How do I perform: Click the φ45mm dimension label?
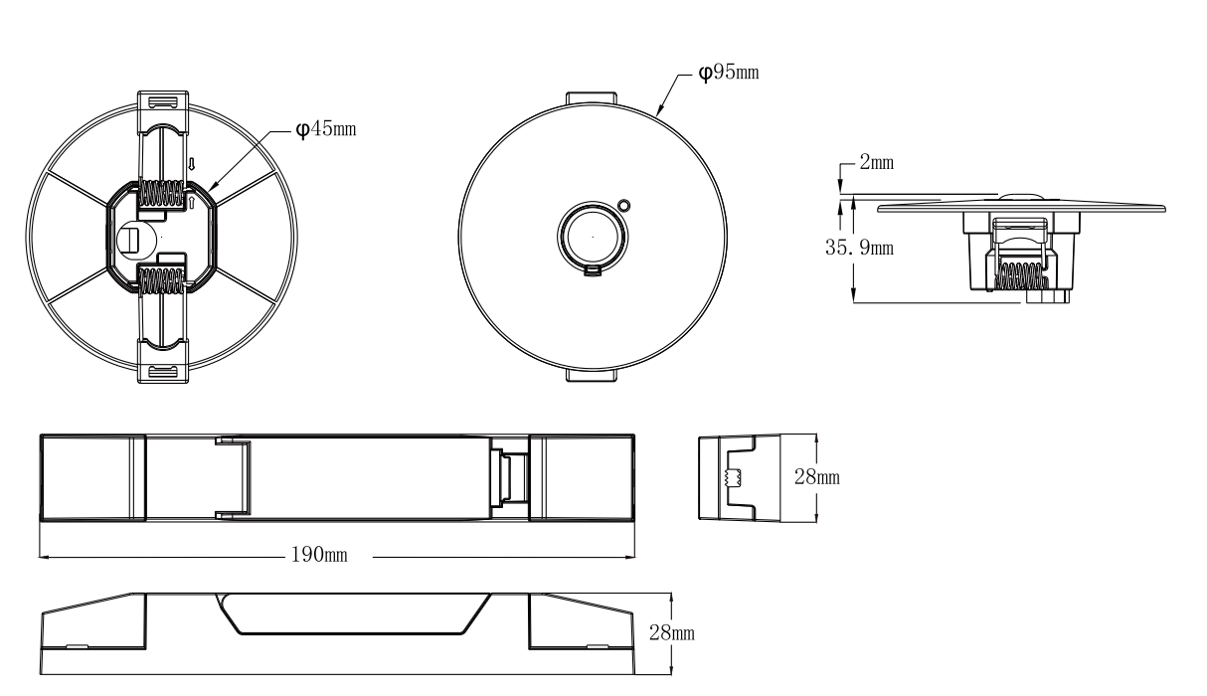[x=327, y=130]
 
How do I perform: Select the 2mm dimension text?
[x=875, y=163]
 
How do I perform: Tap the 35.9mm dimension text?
[x=859, y=248]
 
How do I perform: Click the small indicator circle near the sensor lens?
[x=623, y=206]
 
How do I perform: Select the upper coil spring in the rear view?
[x=162, y=194]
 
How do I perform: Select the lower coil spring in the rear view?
[x=162, y=280]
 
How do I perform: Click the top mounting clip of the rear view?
[x=160, y=102]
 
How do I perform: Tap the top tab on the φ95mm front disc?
[x=591, y=99]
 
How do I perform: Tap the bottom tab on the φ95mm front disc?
[x=591, y=376]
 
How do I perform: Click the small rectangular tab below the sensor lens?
[x=593, y=267]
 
